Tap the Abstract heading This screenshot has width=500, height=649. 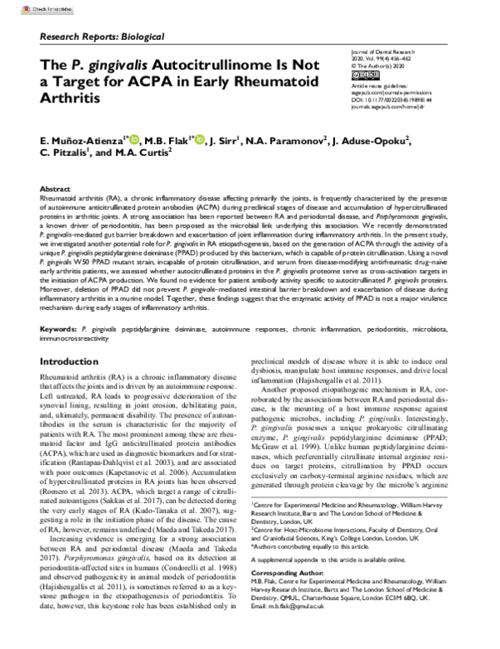point(56,189)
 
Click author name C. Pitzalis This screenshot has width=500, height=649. point(64,154)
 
